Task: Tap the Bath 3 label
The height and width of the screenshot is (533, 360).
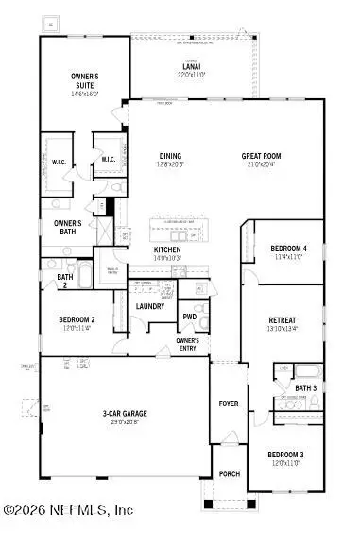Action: pos(304,387)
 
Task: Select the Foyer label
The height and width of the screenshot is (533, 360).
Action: pos(229,404)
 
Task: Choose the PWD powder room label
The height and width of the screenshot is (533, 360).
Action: pos(190,317)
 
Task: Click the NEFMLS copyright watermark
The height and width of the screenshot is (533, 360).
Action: pos(68,510)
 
